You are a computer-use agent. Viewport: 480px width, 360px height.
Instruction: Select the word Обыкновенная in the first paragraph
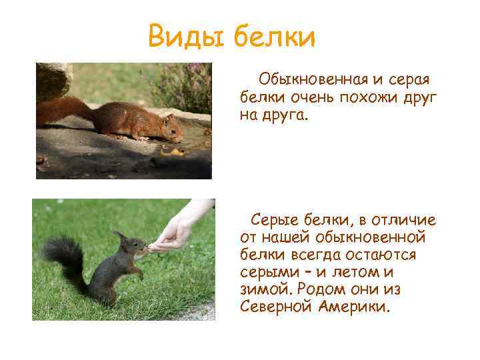(311, 81)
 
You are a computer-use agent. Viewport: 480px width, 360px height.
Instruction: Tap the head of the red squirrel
(170, 128)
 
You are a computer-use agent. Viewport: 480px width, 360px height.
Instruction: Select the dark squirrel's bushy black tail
(64, 257)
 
